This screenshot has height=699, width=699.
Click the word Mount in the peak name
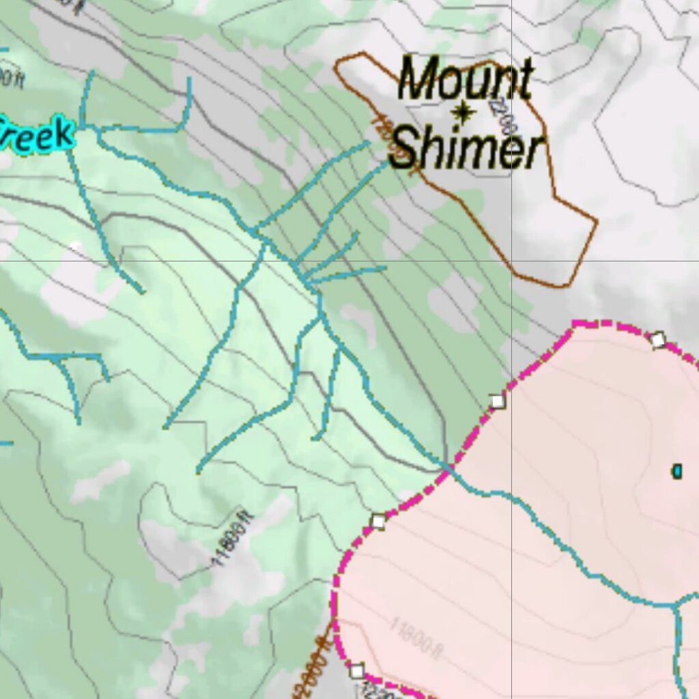[465, 78]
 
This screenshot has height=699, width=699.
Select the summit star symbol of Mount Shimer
[463, 113]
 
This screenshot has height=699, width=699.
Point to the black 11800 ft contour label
[232, 539]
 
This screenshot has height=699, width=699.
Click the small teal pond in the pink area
[676, 471]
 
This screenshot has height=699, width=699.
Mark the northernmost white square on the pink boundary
[657, 339]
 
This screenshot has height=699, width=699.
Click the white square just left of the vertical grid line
[498, 401]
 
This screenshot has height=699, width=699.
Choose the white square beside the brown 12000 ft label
[356, 670]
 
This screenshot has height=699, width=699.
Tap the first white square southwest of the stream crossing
[378, 522]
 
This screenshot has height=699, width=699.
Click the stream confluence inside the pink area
[675, 605]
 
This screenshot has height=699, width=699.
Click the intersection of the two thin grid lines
[512, 260]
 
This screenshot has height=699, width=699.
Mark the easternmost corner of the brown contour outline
[597, 220]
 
